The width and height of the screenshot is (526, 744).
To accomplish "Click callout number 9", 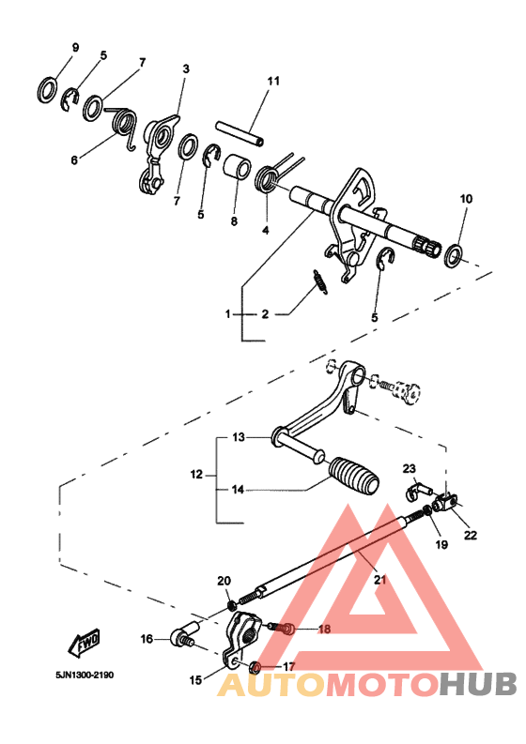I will pos(76,48).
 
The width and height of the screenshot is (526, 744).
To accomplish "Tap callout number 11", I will pos(273,82).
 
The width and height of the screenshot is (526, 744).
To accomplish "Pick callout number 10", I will pos(467,199).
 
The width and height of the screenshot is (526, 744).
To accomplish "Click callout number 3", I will pos(186,69).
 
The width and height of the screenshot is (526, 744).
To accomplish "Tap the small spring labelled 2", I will pos(318,281).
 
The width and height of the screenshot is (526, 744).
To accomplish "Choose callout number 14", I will pos(238,489).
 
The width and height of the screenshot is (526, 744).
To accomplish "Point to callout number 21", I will pos(380,579).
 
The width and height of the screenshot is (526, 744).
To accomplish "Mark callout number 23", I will pos(410,468).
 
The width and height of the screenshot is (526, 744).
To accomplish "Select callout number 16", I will pos(147,639).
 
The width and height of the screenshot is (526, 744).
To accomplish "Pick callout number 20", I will pos(224,581).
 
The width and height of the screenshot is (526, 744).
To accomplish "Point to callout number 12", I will pos(196,476).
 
